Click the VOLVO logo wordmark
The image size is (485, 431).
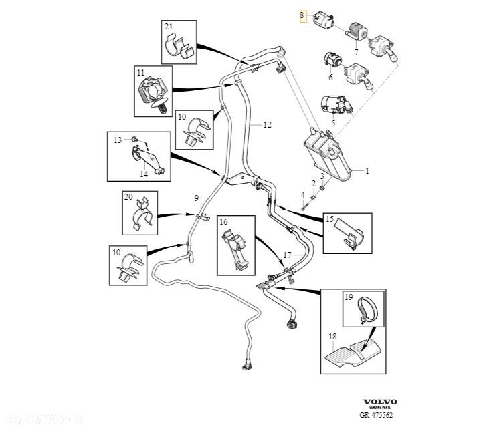[380, 402]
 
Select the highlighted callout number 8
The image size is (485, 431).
[302, 16]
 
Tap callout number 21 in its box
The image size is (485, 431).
[169, 27]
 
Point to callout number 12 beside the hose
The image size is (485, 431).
[267, 124]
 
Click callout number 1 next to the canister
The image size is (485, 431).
[366, 171]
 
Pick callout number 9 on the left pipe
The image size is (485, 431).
[196, 198]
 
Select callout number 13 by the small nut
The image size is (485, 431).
[117, 140]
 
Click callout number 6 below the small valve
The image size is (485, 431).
[330, 77]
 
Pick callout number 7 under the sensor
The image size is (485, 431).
[356, 51]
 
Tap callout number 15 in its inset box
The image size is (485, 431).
[330, 219]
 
